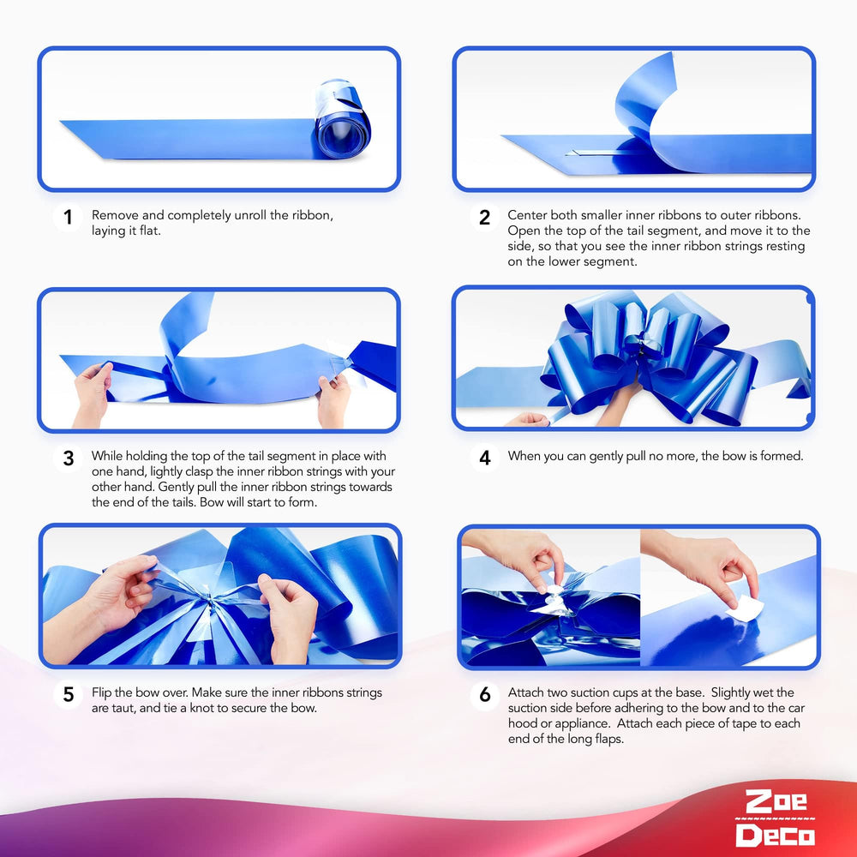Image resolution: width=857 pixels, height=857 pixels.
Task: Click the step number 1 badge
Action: [x=68, y=217]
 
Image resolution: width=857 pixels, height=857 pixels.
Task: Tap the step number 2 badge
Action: [x=484, y=217]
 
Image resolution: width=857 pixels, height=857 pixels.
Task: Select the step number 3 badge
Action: [x=68, y=458]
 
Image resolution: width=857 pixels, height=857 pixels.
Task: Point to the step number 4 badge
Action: [x=484, y=458]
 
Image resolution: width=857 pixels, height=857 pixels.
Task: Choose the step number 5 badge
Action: [x=68, y=695]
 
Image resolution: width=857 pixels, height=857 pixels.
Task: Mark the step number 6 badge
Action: [x=484, y=695]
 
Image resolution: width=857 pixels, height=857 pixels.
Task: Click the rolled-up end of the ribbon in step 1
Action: [x=342, y=122]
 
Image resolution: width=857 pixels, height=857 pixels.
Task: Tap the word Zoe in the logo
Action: [x=776, y=802]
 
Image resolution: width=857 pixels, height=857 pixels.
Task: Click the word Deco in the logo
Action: [x=775, y=835]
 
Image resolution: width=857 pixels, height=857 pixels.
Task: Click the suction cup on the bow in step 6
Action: [x=553, y=596]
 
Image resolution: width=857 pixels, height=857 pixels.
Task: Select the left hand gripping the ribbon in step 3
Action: [x=92, y=393]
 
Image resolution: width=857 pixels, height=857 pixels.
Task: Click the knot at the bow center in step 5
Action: [x=209, y=602]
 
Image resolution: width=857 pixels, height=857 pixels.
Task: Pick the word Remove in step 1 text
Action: [x=115, y=215]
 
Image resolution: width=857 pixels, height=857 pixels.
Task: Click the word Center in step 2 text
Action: [x=527, y=215]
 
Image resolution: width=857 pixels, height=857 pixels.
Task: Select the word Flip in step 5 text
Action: [x=101, y=693]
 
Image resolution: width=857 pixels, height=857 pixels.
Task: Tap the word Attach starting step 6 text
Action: [x=526, y=692]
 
